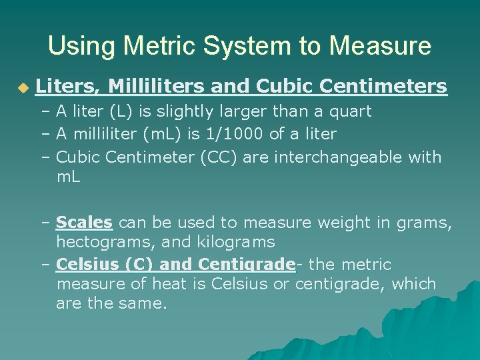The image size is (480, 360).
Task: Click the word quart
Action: [x=351, y=111]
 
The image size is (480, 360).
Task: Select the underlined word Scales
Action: [x=84, y=222]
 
